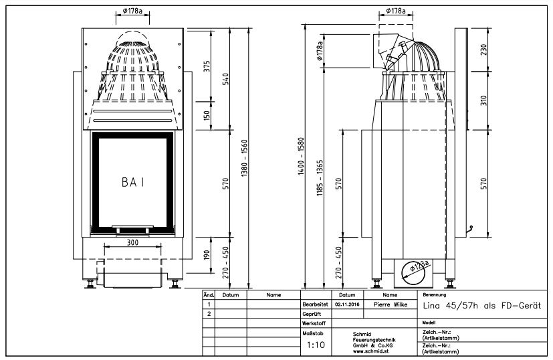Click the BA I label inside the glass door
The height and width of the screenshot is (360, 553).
tap(133, 181)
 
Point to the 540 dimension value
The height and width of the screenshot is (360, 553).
tap(227, 78)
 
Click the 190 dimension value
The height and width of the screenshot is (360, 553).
tap(207, 255)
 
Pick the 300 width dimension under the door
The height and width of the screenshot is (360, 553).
tap(132, 243)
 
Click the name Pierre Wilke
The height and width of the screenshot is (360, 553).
tap(390, 304)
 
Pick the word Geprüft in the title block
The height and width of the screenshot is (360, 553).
tap(313, 313)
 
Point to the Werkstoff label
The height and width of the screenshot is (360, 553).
tap(314, 323)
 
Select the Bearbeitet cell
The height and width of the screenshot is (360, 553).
tap(314, 304)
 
